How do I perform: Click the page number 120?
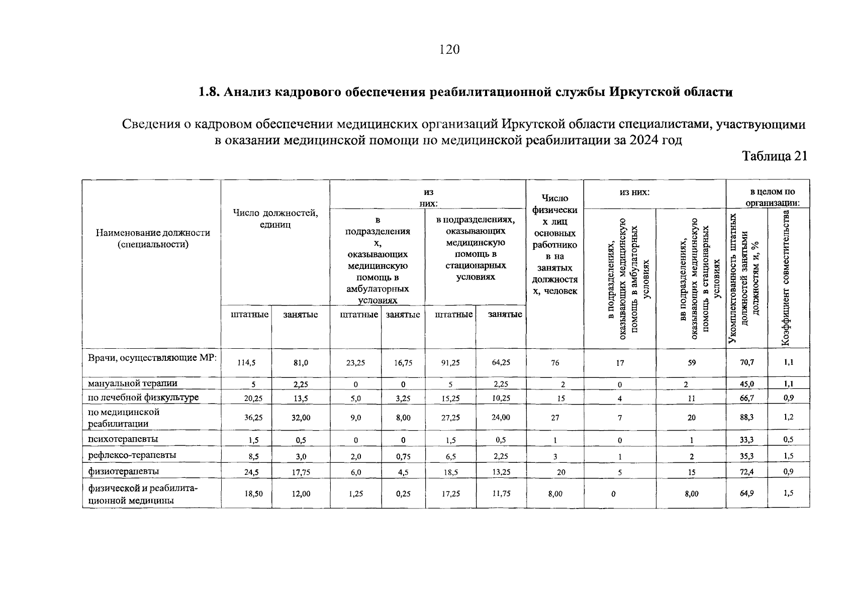(449, 49)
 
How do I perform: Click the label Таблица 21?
(775, 156)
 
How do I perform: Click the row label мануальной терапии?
(133, 383)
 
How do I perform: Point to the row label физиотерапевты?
(124, 471)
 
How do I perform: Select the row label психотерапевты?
(123, 439)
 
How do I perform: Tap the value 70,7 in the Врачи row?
(746, 362)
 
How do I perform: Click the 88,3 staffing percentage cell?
(746, 417)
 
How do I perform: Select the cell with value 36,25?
(246, 418)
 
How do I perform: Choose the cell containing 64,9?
(746, 493)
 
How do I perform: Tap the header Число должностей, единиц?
(275, 219)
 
